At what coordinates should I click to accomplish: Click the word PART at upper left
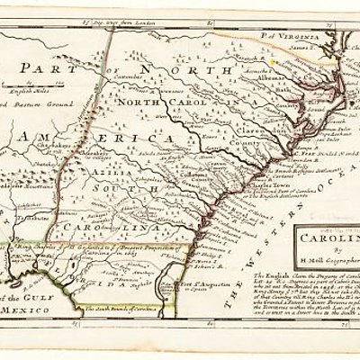click(49, 72)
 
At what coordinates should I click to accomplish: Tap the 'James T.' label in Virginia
click(311, 41)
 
